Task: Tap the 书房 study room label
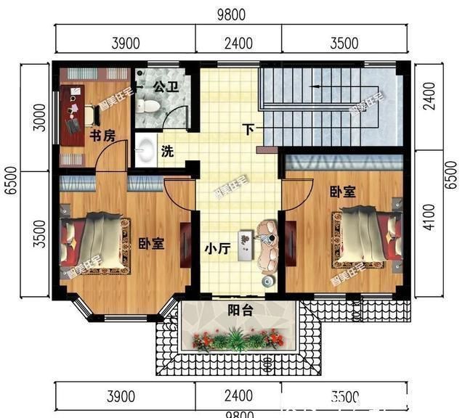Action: click(102, 136)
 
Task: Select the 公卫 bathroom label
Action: click(166, 87)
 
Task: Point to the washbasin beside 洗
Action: click(145, 151)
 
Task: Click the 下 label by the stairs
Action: click(248, 131)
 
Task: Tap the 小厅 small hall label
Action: click(217, 250)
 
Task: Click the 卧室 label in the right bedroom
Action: click(342, 192)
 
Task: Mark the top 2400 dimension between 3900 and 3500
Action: click(238, 44)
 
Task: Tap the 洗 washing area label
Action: click(167, 152)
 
